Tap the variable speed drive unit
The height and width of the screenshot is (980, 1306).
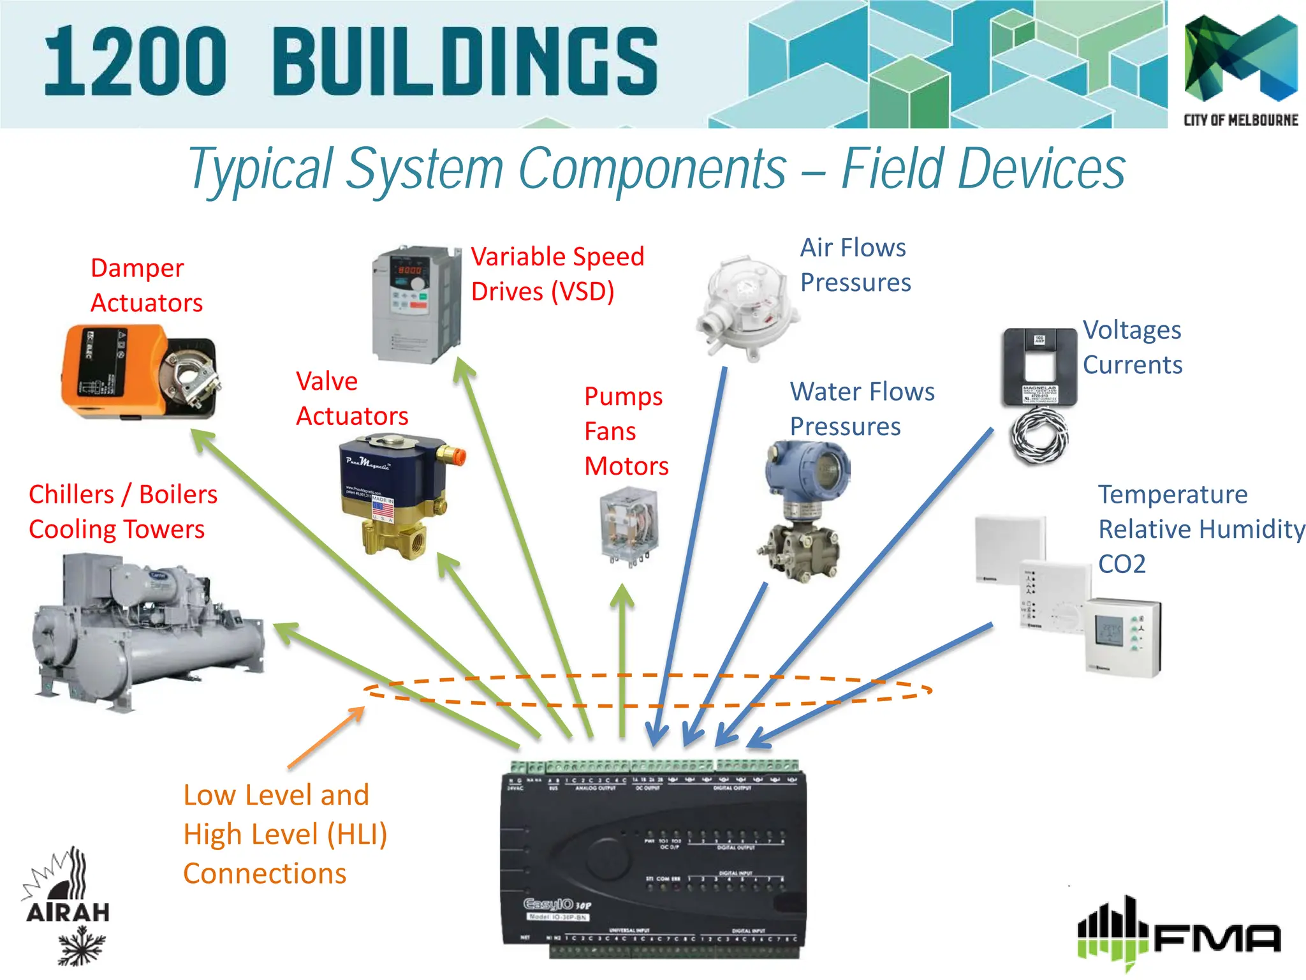pyautogui.click(x=416, y=304)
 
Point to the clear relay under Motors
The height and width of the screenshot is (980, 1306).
pyautogui.click(x=629, y=526)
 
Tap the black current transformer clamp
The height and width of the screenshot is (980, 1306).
pyautogui.click(x=1039, y=367)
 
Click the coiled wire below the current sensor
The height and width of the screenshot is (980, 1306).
pyautogui.click(x=1039, y=436)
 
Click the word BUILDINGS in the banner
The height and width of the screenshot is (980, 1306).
pyautogui.click(x=466, y=62)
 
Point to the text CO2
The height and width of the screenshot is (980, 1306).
pyautogui.click(x=1122, y=564)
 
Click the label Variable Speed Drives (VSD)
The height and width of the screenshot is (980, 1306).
pyautogui.click(x=557, y=274)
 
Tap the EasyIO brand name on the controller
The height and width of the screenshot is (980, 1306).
pyautogui.click(x=548, y=904)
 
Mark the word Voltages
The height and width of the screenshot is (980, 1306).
pyautogui.click(x=1132, y=330)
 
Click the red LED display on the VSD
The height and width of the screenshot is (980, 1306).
pyautogui.click(x=409, y=270)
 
